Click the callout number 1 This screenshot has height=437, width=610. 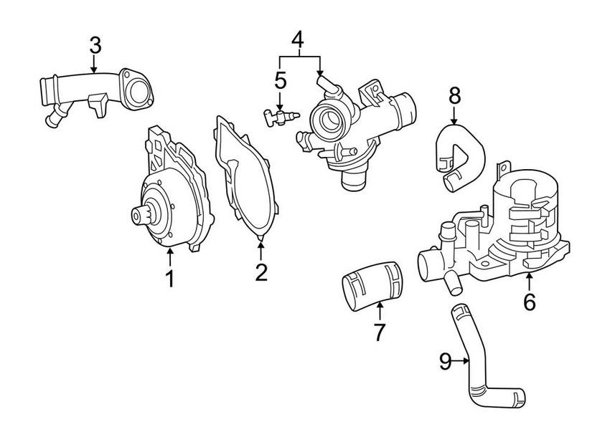click(x=170, y=279)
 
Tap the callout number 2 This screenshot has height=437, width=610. click(x=261, y=272)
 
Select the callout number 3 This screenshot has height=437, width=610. click(x=95, y=44)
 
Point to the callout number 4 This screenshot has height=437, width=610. click(x=299, y=42)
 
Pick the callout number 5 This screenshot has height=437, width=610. click(x=280, y=80)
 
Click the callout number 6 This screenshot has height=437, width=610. click(x=529, y=302)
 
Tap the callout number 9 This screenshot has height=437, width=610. click(x=445, y=362)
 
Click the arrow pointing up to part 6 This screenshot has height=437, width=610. click(x=529, y=281)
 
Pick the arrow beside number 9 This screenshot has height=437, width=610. click(x=462, y=362)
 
